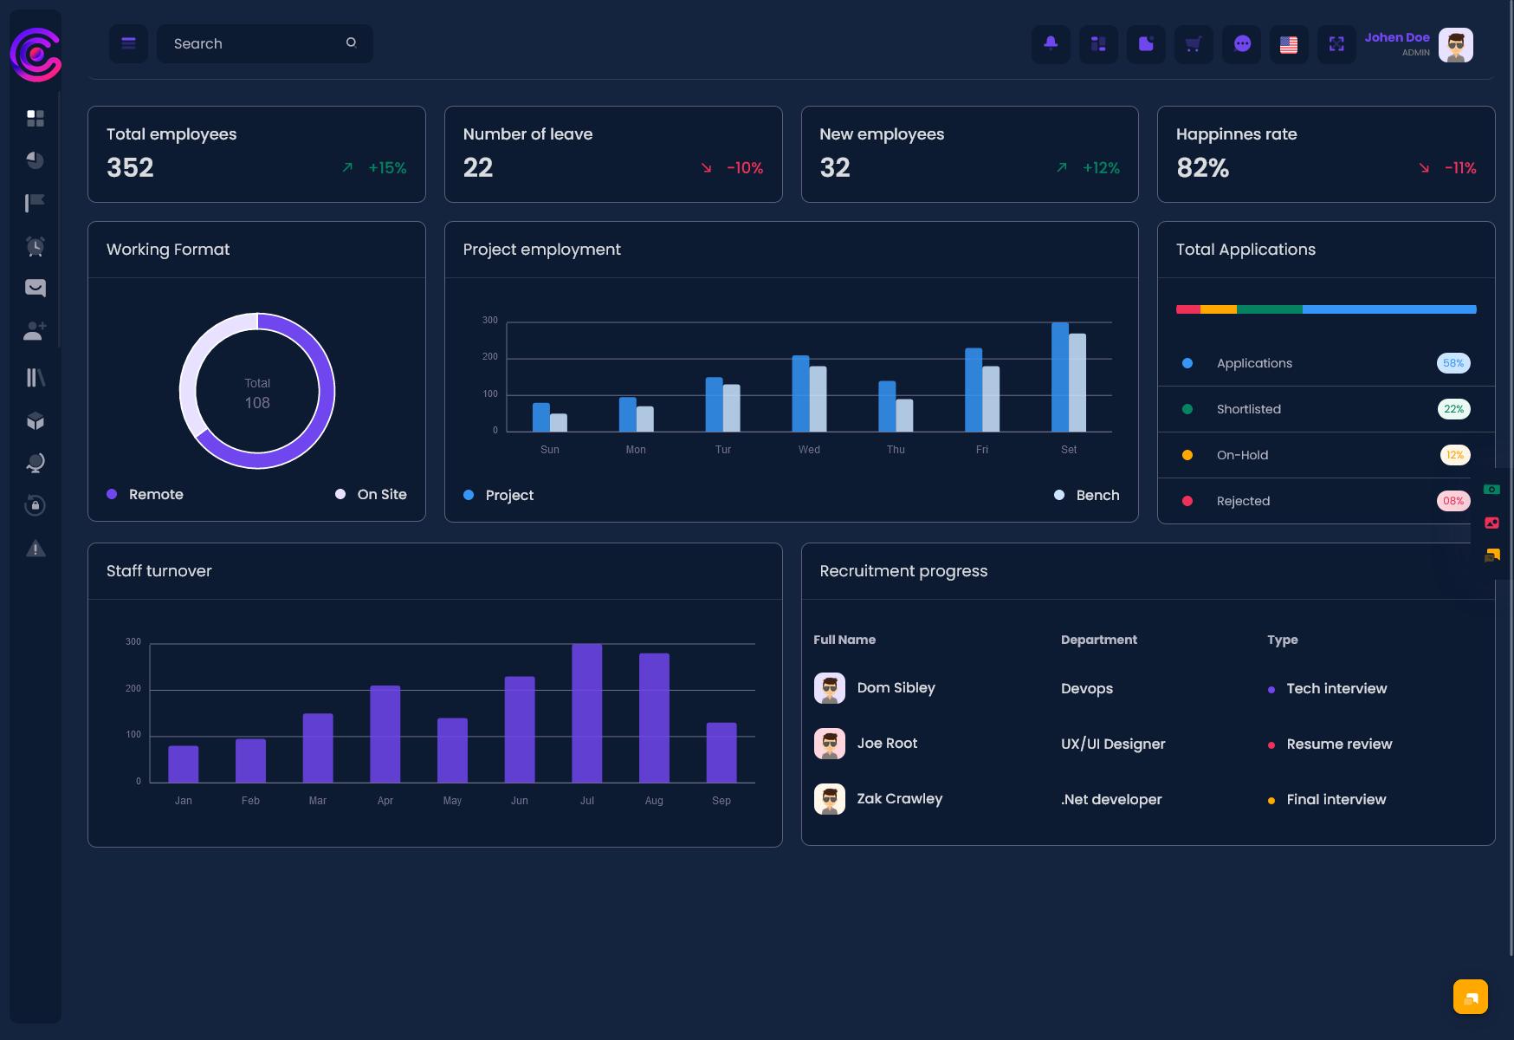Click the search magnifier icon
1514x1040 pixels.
pyautogui.click(x=351, y=42)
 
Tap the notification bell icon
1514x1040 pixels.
pyautogui.click(x=1051, y=43)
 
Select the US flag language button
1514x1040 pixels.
pyautogui.click(x=1289, y=44)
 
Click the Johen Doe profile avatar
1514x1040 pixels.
pyautogui.click(x=1455, y=45)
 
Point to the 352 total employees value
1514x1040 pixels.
pyautogui.click(x=130, y=167)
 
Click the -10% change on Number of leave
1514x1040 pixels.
pyautogui.click(x=745, y=168)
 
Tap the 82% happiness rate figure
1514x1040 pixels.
pyautogui.click(x=1202, y=167)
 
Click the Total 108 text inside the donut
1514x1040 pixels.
pyautogui.click(x=257, y=393)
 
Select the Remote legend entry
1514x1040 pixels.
pyautogui.click(x=145, y=494)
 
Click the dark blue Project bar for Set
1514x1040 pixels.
pyautogui.click(x=1059, y=377)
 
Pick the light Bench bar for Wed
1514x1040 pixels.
pyautogui.click(x=818, y=399)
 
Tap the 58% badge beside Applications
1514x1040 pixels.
pyautogui.click(x=1453, y=363)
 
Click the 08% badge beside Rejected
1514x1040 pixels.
pyautogui.click(x=1453, y=501)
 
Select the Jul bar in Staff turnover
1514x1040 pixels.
pyautogui.click(x=586, y=713)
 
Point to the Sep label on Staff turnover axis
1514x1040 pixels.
pyautogui.click(x=721, y=801)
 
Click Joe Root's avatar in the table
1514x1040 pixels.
pyautogui.click(x=830, y=744)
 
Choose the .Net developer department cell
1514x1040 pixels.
pyautogui.click(x=1111, y=799)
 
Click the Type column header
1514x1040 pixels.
pyautogui.click(x=1283, y=640)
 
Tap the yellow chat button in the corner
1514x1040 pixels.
pyautogui.click(x=1471, y=997)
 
